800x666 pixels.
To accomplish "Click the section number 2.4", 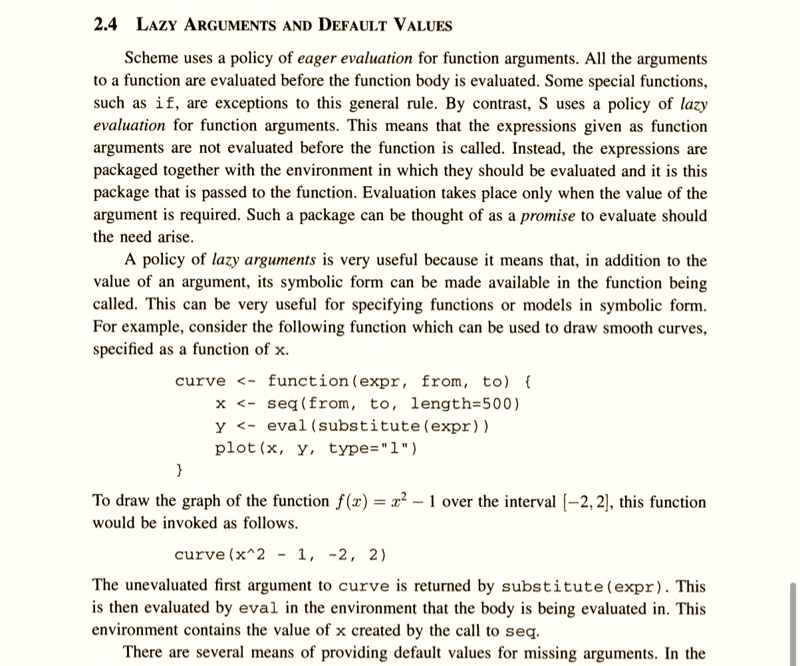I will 106,25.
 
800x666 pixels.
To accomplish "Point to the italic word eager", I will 318,58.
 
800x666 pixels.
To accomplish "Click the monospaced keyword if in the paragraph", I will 166,104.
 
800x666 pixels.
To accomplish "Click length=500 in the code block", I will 465,403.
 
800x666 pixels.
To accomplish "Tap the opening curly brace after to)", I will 527,382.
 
